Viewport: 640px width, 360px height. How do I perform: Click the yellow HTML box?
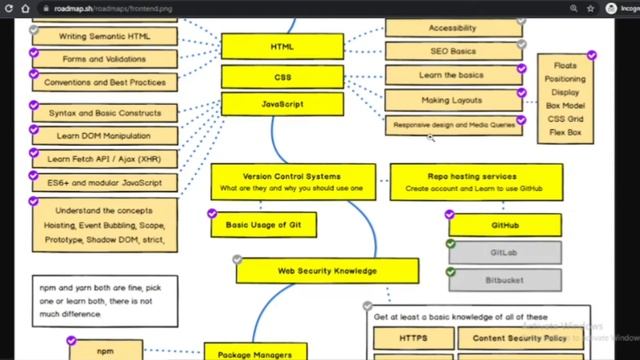(282, 47)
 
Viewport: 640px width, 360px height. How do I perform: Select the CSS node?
(282, 77)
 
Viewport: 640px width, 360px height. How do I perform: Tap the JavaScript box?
(282, 104)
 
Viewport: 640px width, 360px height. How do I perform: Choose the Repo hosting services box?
(475, 181)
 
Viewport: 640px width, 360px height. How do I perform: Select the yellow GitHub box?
(504, 225)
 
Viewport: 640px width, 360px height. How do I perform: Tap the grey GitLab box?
(504, 252)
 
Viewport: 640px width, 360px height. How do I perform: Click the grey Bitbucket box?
(504, 279)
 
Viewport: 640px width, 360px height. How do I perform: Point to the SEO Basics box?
(453, 51)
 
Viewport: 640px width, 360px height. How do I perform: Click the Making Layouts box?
(453, 100)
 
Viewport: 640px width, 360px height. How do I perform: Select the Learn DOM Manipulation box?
(104, 135)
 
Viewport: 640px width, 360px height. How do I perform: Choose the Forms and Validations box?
(104, 59)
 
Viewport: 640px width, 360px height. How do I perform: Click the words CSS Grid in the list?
(566, 119)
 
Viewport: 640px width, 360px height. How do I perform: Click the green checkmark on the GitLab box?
(450, 243)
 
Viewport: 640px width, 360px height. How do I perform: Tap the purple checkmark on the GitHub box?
(450, 215)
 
